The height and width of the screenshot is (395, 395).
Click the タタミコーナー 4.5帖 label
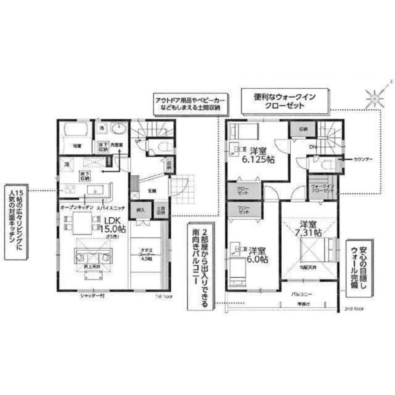tap(146, 253)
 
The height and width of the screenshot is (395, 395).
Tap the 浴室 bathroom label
tap(77, 146)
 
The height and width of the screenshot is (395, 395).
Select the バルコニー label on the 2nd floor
tap(302, 294)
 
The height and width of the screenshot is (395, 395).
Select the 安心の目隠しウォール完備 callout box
tap(359, 267)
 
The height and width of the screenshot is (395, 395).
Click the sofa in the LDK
tap(93, 257)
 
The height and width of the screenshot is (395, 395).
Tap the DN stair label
tap(313, 147)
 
